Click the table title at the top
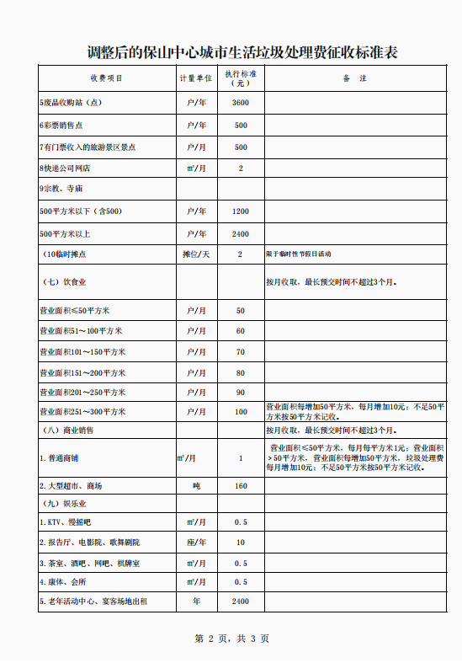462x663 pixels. (x=242, y=52)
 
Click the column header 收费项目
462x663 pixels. (x=106, y=78)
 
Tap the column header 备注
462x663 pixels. (x=354, y=78)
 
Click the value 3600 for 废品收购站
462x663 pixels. (x=241, y=103)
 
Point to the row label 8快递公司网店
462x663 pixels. (x=66, y=168)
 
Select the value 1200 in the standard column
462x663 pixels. (x=241, y=211)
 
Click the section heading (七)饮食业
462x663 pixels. (x=65, y=281)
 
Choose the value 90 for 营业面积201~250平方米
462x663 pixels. (x=241, y=393)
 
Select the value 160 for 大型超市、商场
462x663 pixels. (x=241, y=486)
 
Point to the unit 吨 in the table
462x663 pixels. (x=196, y=486)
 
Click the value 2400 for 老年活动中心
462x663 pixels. (x=241, y=602)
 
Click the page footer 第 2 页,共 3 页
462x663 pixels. (x=231, y=639)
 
